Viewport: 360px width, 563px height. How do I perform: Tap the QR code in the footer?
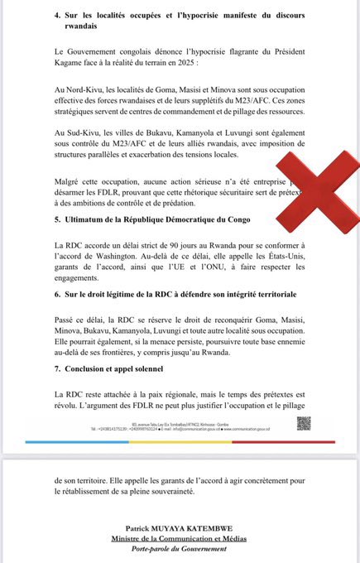click(x=304, y=423)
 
